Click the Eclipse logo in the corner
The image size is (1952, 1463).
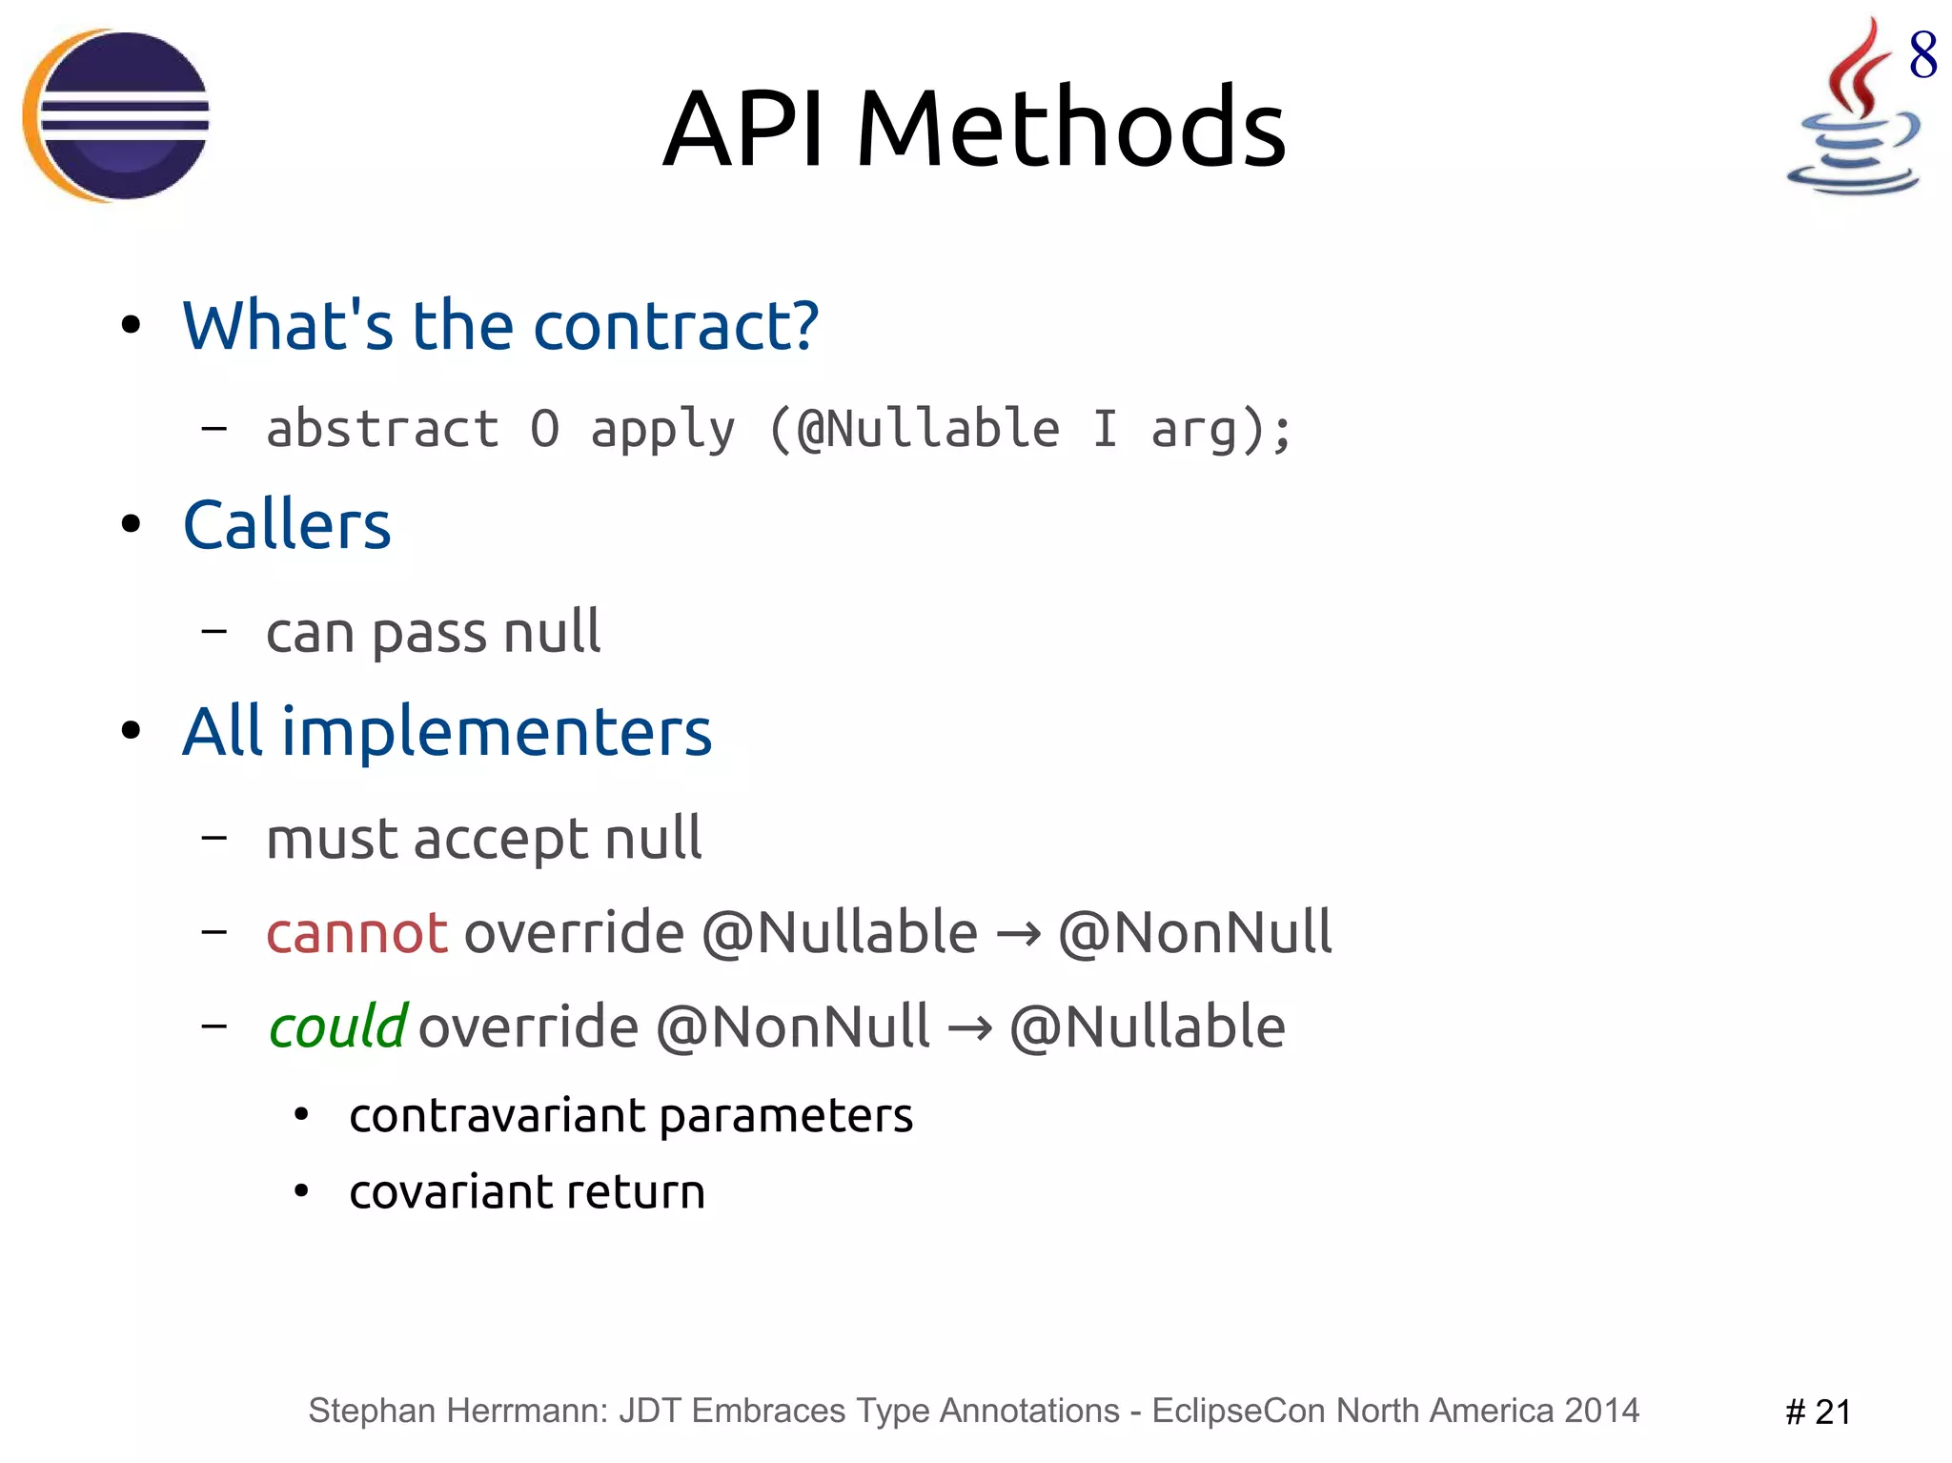(116, 115)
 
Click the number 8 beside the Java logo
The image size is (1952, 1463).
(1922, 55)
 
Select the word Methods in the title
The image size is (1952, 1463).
(1070, 129)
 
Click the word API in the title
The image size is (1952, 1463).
(743, 129)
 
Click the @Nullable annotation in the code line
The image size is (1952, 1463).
(927, 428)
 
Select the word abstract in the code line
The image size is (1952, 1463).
(382, 428)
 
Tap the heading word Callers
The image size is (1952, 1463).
(287, 525)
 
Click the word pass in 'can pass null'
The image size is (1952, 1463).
(428, 633)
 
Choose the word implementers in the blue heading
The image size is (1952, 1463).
(496, 732)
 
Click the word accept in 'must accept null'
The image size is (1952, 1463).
(500, 840)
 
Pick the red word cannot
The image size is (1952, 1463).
(356, 932)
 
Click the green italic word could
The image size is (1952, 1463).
(337, 1027)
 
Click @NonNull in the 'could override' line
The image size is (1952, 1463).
(793, 1027)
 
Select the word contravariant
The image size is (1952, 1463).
(498, 1115)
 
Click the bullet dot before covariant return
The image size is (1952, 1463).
(301, 1191)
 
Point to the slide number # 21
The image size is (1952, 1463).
(1818, 1412)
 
